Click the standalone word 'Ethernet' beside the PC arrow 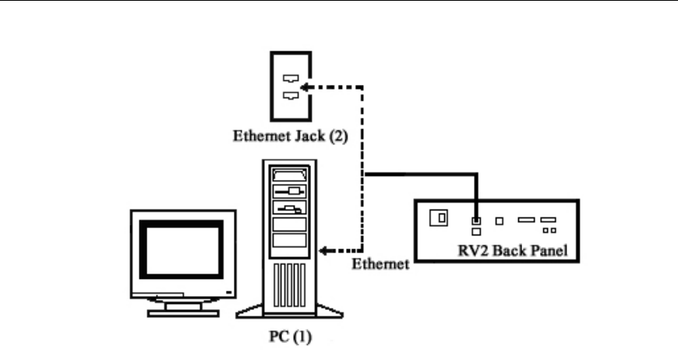[x=380, y=263]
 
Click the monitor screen [x=181, y=254]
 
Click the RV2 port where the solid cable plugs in [x=475, y=221]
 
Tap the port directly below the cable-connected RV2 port [x=475, y=231]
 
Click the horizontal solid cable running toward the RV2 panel [x=421, y=175]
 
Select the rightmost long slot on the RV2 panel [x=548, y=220]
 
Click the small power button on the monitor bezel [x=228, y=290]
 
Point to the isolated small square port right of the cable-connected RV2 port [x=499, y=221]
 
